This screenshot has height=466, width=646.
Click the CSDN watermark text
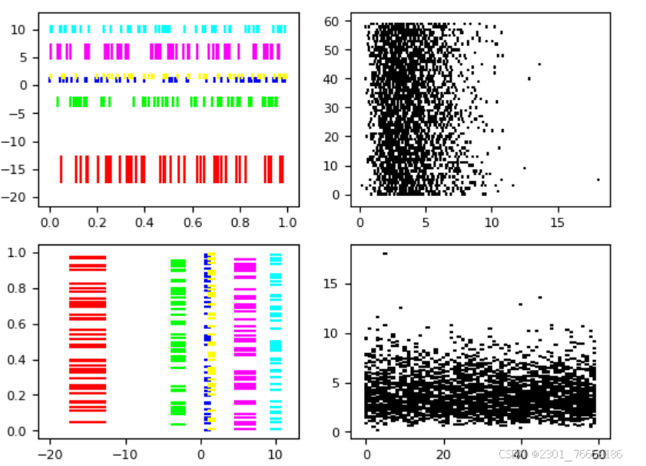[559, 455]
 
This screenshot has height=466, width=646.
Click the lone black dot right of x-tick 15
[598, 179]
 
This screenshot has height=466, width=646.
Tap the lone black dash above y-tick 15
[385, 253]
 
